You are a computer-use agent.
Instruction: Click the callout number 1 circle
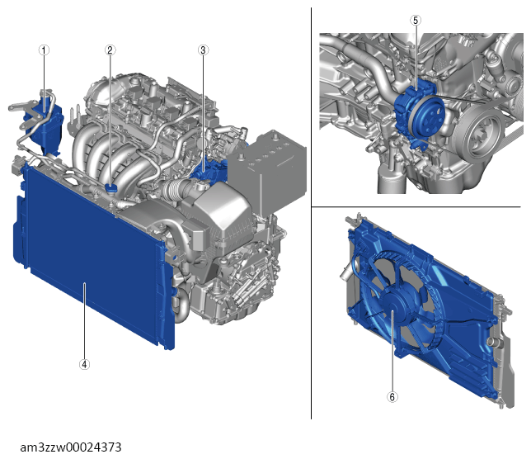click(x=44, y=50)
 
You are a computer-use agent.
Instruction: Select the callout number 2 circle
click(x=110, y=50)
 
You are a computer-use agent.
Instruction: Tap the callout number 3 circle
click(x=203, y=50)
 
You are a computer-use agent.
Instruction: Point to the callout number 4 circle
click(x=84, y=364)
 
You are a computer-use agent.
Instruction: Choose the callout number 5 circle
click(x=416, y=21)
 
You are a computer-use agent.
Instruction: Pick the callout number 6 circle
click(x=392, y=397)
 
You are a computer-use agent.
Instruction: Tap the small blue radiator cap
click(x=110, y=188)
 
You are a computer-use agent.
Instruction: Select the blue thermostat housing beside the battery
click(x=207, y=169)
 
